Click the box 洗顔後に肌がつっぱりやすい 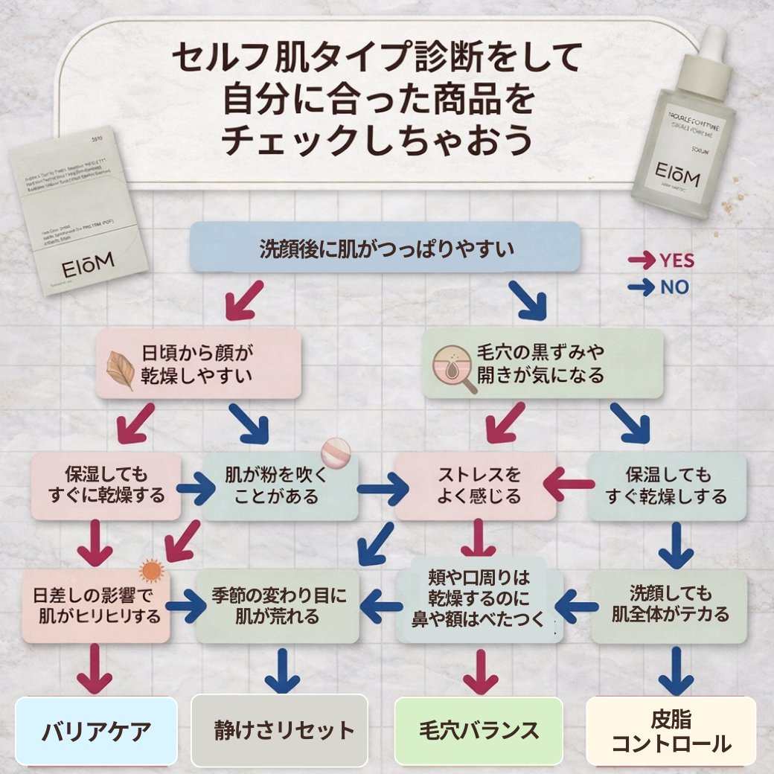click(385, 247)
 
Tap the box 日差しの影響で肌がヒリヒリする click(97, 607)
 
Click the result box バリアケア click(97, 731)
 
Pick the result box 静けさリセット click(280, 731)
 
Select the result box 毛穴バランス click(478, 731)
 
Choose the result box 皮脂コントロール click(671, 731)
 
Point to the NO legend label click(674, 287)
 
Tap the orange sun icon click(151, 571)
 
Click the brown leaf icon click(119, 370)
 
